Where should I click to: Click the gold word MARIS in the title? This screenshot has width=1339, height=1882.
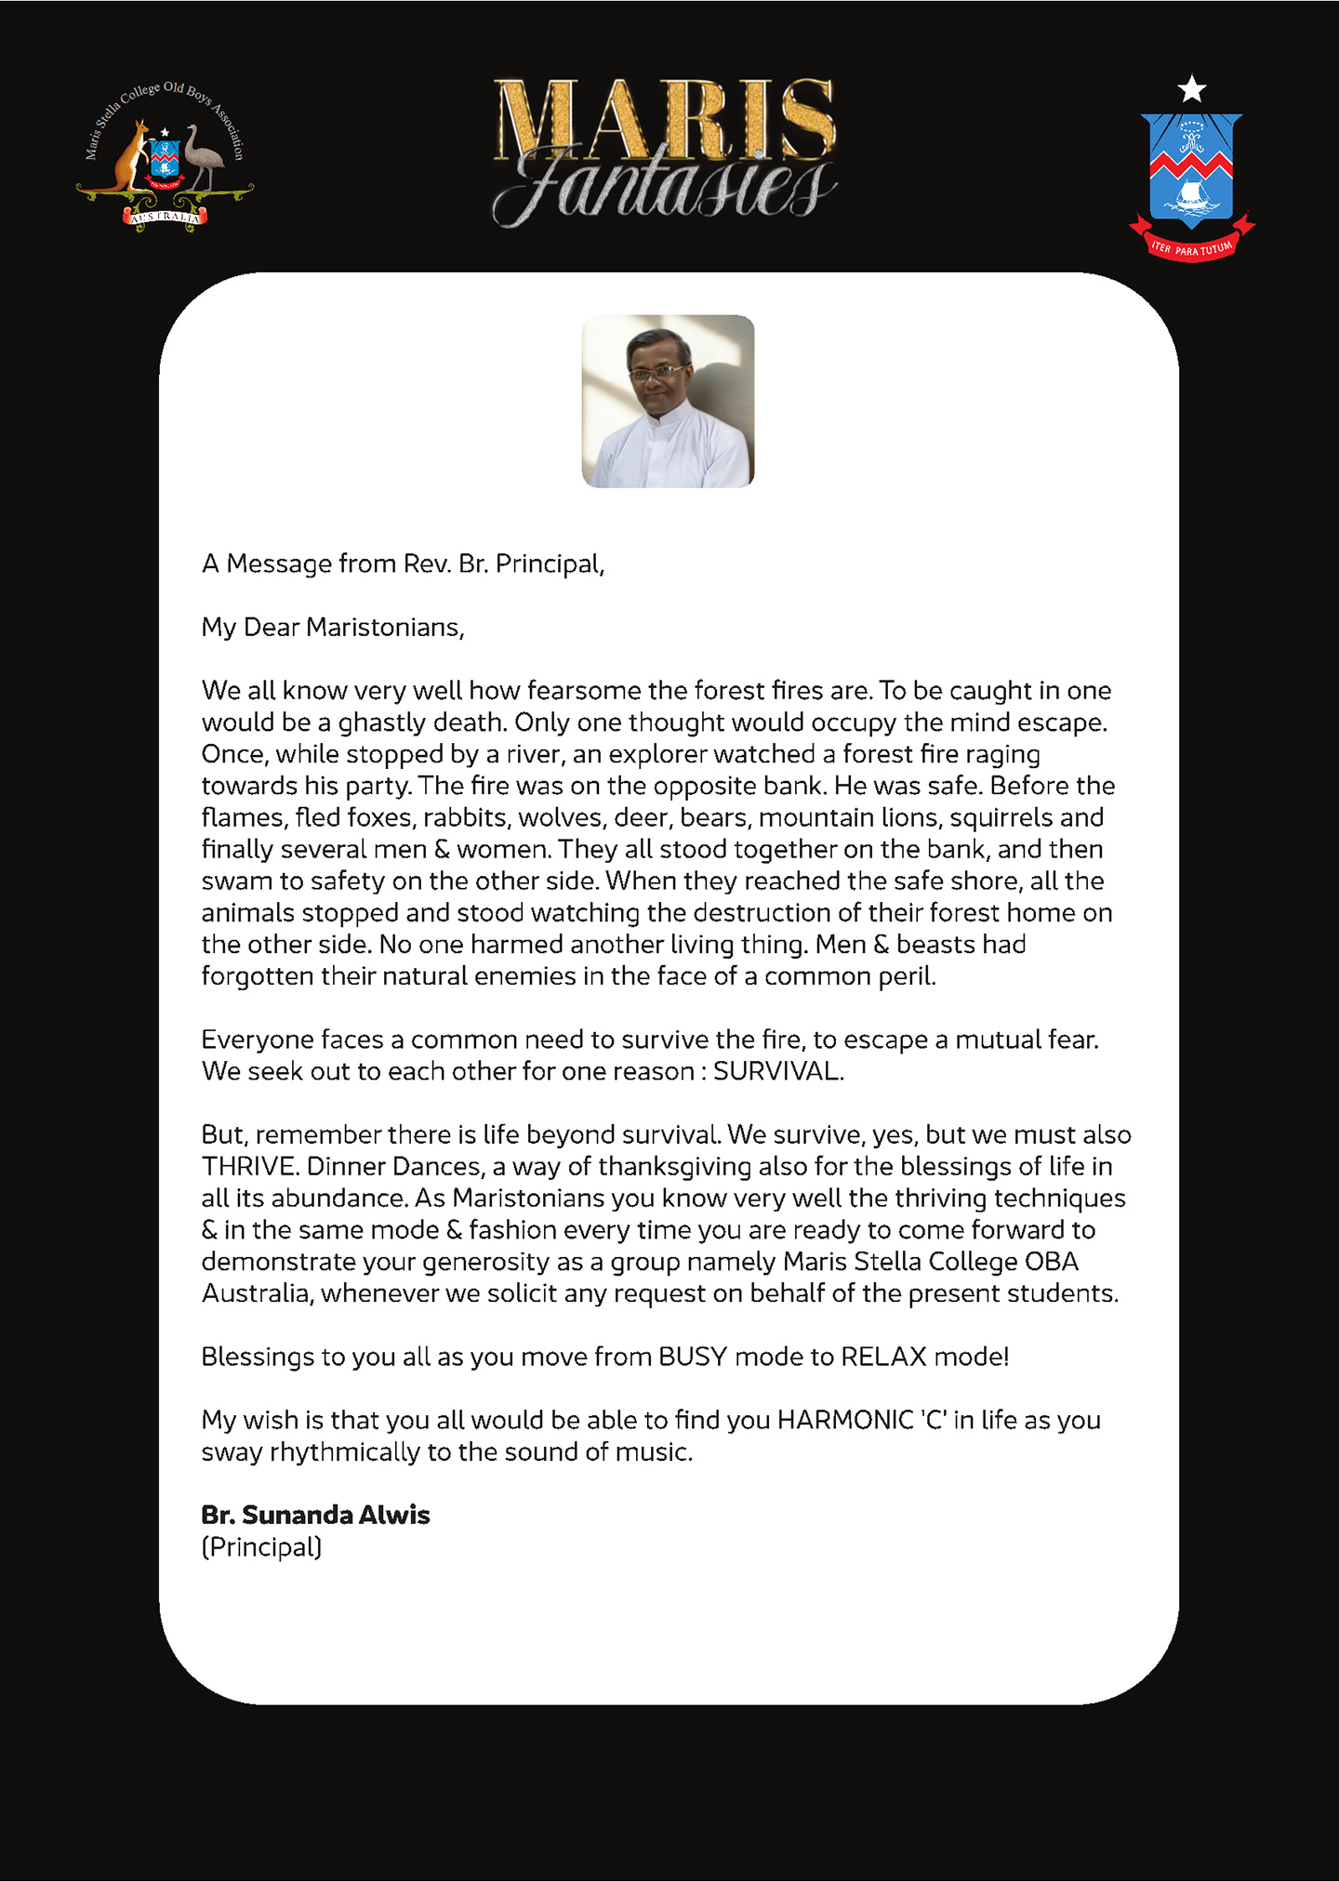664,119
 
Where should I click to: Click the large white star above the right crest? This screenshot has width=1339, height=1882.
1192,89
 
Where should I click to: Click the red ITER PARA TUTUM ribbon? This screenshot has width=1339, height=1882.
1192,247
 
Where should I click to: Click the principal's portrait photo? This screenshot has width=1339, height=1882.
668,402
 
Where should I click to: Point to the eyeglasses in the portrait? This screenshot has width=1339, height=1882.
656,373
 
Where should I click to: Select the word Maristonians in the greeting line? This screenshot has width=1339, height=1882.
383,628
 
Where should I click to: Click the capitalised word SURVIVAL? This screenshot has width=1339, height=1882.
776,1071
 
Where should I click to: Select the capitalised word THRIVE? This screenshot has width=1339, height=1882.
247,1166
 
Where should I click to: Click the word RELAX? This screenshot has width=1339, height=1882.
883,1357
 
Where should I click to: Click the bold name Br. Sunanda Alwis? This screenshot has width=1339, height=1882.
315,1515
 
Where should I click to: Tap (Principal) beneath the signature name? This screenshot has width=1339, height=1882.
261,1547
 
